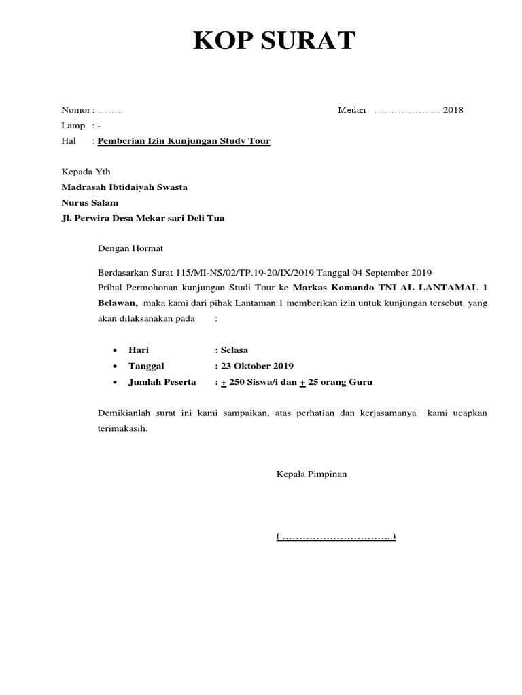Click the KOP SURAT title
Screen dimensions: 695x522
274,41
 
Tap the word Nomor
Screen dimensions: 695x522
75,110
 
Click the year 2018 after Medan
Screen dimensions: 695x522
453,110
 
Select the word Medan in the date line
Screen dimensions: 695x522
352,110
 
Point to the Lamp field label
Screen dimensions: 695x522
73,126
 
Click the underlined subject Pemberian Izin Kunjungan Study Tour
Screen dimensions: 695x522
184,141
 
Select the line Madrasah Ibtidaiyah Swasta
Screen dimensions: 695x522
124,187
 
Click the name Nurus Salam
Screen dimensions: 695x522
90,202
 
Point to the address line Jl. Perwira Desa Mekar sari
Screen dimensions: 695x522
143,218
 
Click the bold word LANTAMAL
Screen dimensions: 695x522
440,287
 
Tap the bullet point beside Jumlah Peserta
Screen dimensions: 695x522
114,382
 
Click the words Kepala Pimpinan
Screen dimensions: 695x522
311,474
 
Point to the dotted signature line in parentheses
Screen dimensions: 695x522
336,537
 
